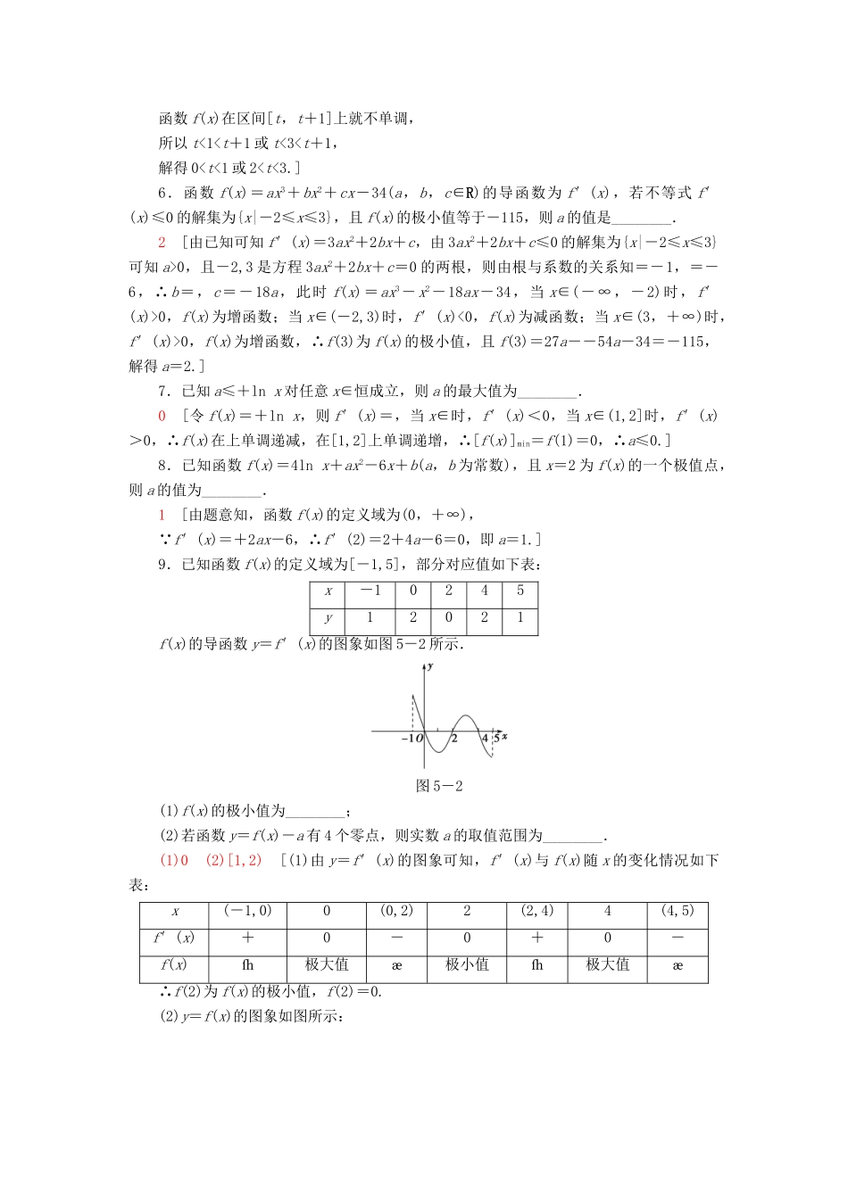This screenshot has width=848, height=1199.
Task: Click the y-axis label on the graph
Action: (x=430, y=666)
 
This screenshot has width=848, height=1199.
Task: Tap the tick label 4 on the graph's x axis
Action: (x=485, y=738)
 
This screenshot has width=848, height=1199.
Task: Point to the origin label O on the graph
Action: (x=420, y=739)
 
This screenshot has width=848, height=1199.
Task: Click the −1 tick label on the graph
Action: (x=407, y=739)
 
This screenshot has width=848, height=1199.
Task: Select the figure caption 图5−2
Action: (x=439, y=786)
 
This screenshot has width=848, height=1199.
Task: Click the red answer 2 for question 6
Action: (x=162, y=242)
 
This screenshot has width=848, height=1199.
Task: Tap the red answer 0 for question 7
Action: (x=162, y=415)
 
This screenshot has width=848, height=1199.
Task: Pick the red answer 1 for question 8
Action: (x=162, y=514)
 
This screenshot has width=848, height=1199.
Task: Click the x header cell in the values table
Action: (x=328, y=591)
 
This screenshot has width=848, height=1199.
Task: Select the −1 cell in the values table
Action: (x=370, y=591)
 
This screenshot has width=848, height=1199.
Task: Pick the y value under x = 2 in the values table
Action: (x=448, y=617)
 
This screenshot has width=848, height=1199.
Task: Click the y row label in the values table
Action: (x=328, y=617)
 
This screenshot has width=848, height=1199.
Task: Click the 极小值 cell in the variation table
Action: (x=467, y=964)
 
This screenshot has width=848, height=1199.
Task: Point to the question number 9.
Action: (x=164, y=564)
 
